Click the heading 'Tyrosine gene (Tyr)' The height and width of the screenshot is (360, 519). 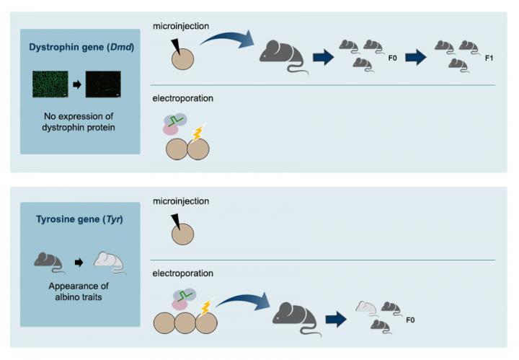(x=79, y=218)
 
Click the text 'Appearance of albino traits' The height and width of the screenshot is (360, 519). (x=79, y=290)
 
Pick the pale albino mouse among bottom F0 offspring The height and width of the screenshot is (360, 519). (x=368, y=308)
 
